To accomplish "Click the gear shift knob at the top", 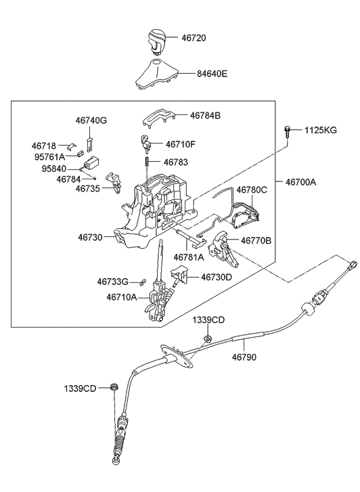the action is click(156, 41).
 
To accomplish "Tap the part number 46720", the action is click(194, 38).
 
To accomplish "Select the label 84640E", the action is click(212, 74).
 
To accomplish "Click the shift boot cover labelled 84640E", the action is click(156, 74).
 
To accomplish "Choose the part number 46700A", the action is click(300, 181).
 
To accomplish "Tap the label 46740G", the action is click(91, 120).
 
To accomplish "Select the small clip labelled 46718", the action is click(72, 146).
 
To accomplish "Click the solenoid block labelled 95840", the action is click(91, 163).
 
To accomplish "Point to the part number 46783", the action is click(176, 162).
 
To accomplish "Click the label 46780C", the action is click(252, 190).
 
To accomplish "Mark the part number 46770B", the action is click(256, 241).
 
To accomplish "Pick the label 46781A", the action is click(189, 257).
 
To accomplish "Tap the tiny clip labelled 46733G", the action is click(143, 281).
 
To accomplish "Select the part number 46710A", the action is click(122, 297).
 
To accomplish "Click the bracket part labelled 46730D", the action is click(179, 275).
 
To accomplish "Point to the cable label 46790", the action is click(244, 357).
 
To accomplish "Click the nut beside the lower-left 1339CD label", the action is click(114, 386).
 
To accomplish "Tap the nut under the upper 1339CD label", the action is click(208, 338).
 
